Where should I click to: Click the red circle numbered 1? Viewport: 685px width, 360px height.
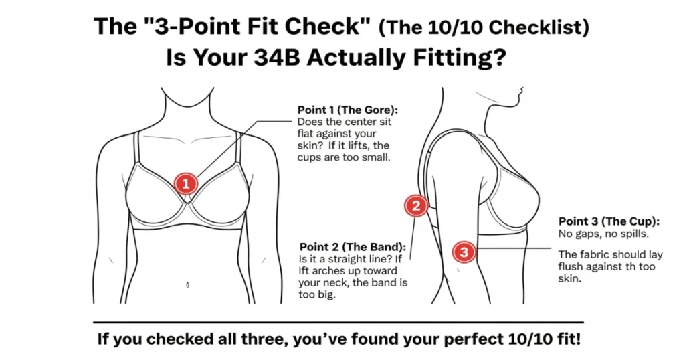[185, 182]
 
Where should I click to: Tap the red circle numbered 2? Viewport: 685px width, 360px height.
[416, 206]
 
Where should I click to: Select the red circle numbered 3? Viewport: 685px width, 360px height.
[464, 252]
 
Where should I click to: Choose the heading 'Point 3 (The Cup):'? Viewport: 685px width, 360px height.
[609, 221]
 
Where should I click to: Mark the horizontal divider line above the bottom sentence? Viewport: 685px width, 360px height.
[338, 322]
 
